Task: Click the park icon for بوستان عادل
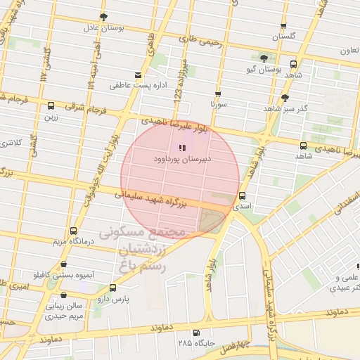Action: pyautogui.click(x=104, y=16)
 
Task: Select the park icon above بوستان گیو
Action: pyautogui.click(x=264, y=58)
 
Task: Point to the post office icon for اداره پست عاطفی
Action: pyautogui.click(x=138, y=75)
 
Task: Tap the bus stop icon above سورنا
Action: pyautogui.click(x=218, y=94)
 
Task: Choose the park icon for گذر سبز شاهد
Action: pyautogui.click(x=284, y=98)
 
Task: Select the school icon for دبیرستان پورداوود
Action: pyautogui.click(x=182, y=148)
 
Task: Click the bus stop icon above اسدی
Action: pyautogui.click(x=243, y=195)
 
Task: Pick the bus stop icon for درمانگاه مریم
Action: pyautogui.click(x=72, y=230)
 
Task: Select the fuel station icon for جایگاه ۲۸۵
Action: pyautogui.click(x=195, y=333)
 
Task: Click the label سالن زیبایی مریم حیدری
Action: pyautogui.click(x=64, y=310)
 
